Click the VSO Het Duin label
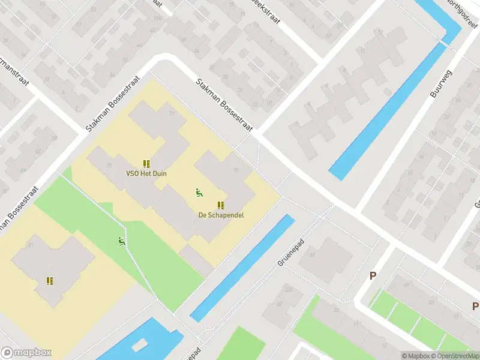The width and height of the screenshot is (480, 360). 146,174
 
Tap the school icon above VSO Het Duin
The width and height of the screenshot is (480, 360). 146,163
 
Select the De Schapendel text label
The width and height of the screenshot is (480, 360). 221,215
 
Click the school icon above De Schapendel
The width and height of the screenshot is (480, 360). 221,205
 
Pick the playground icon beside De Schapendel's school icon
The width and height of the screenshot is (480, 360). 198,193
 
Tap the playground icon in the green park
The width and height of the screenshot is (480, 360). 121,241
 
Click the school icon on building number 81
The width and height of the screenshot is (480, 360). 50,280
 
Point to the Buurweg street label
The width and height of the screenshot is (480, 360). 440,84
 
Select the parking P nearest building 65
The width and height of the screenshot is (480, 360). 373,276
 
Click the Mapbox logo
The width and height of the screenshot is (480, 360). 26,353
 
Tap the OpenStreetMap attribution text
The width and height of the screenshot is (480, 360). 459,356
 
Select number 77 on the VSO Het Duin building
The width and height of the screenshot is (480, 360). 109,166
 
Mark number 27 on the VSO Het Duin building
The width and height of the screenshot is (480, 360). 172,113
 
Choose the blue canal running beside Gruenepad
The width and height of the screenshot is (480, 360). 243,267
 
